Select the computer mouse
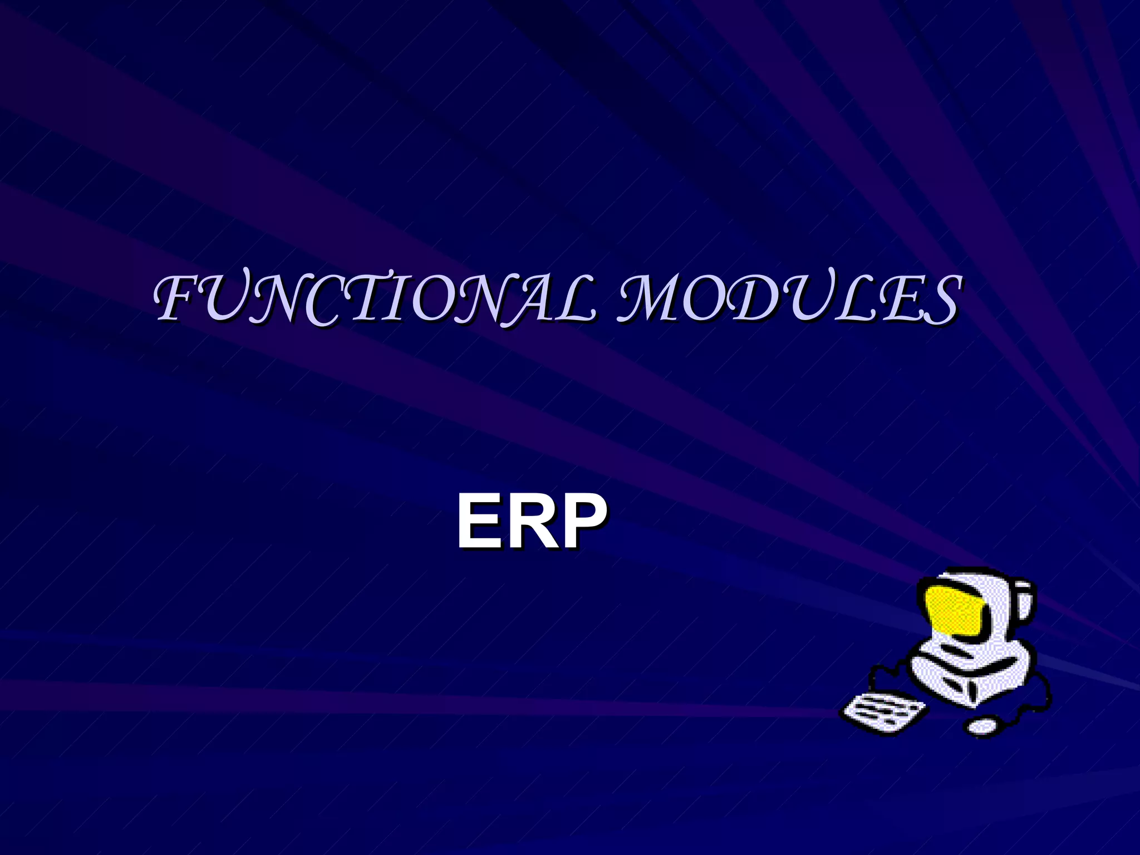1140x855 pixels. tap(982, 725)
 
